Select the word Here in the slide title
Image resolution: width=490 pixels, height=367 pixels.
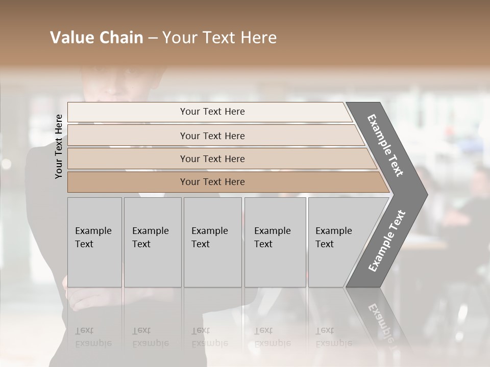pos(258,38)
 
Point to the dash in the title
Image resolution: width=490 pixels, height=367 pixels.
pos(153,38)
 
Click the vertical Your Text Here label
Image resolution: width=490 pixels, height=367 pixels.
pos(59,146)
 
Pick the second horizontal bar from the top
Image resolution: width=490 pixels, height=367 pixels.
pos(212,136)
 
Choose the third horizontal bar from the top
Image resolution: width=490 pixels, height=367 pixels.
pos(212,159)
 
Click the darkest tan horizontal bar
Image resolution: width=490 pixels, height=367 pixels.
pos(212,182)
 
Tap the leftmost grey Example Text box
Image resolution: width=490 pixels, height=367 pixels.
pos(94,242)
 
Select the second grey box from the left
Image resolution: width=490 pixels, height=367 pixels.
pos(153,242)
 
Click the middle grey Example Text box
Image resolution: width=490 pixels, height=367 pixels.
pos(212,242)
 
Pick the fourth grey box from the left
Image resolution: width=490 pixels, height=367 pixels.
pos(275,242)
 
